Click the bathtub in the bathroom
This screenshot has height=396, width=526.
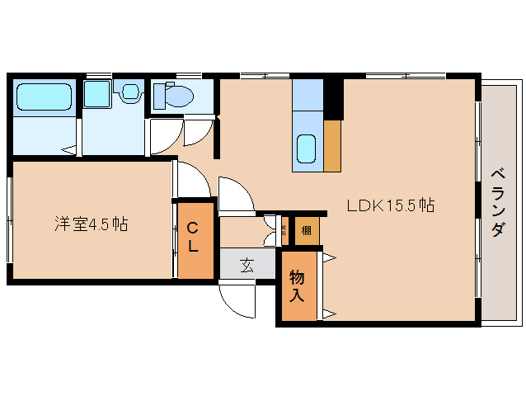click(45, 97)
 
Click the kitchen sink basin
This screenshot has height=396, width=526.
click(307, 149)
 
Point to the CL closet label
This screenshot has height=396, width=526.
click(192, 236)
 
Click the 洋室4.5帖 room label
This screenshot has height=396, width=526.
click(91, 224)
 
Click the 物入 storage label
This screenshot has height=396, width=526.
click(297, 285)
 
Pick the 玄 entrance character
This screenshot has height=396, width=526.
click(247, 265)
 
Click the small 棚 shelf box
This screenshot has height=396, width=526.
click(306, 229)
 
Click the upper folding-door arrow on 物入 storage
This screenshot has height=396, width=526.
click(329, 258)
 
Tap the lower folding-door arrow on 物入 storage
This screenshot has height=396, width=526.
click(329, 313)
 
